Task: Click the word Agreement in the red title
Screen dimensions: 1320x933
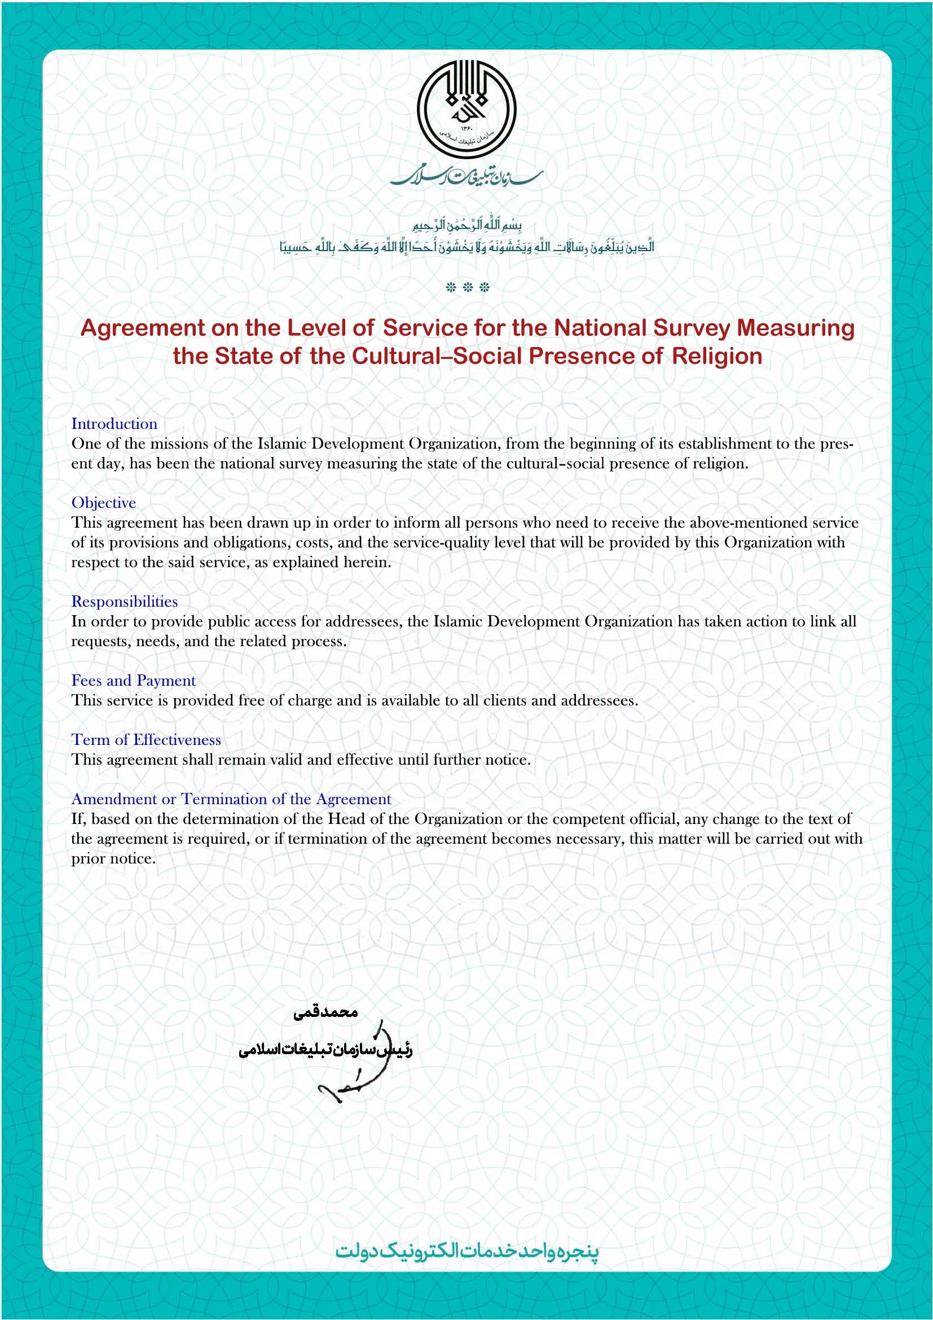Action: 143,328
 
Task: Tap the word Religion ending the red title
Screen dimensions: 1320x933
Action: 717,357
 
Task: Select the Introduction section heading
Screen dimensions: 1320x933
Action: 114,424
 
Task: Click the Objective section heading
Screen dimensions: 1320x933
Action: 103,502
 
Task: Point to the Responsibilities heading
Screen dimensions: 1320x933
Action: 124,602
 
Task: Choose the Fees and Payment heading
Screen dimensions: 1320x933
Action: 133,680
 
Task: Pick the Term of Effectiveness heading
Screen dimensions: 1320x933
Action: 146,740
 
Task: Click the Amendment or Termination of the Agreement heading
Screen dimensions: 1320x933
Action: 231,799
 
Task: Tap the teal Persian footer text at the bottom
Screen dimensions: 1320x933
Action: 466,1251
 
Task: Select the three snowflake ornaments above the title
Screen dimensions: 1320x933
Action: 467,287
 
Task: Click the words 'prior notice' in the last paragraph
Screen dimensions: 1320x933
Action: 113,859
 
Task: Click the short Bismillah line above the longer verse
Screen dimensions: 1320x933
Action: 466,225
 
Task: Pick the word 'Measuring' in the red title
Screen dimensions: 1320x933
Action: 795,328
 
